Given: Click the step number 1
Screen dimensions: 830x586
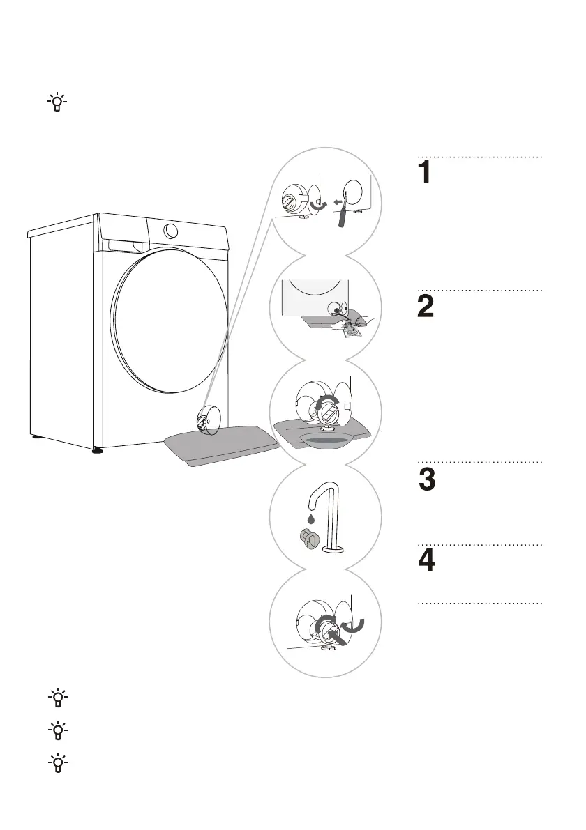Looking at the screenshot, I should (426, 174).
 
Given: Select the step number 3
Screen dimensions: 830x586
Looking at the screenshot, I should (427, 482).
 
